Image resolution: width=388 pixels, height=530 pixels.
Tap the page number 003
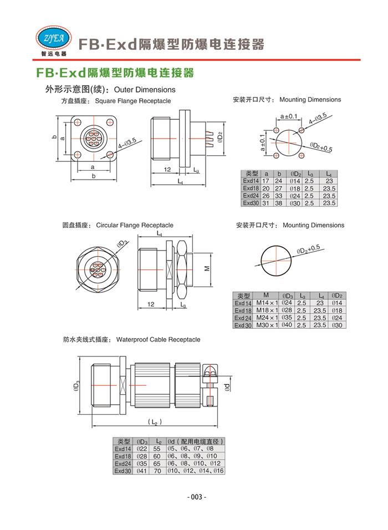(194, 497)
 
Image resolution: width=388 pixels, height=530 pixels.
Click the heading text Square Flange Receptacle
(133, 101)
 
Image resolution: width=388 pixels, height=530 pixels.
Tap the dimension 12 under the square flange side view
(167, 169)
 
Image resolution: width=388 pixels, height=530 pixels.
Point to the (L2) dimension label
(156, 423)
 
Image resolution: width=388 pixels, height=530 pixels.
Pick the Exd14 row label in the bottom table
(123, 449)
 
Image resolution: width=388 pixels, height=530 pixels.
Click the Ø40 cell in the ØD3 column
(287, 325)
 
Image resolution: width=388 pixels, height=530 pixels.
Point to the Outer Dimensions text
(145, 90)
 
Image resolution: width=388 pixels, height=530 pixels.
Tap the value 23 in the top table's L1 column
(329, 181)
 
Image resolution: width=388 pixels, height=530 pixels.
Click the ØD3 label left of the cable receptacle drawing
(75, 386)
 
